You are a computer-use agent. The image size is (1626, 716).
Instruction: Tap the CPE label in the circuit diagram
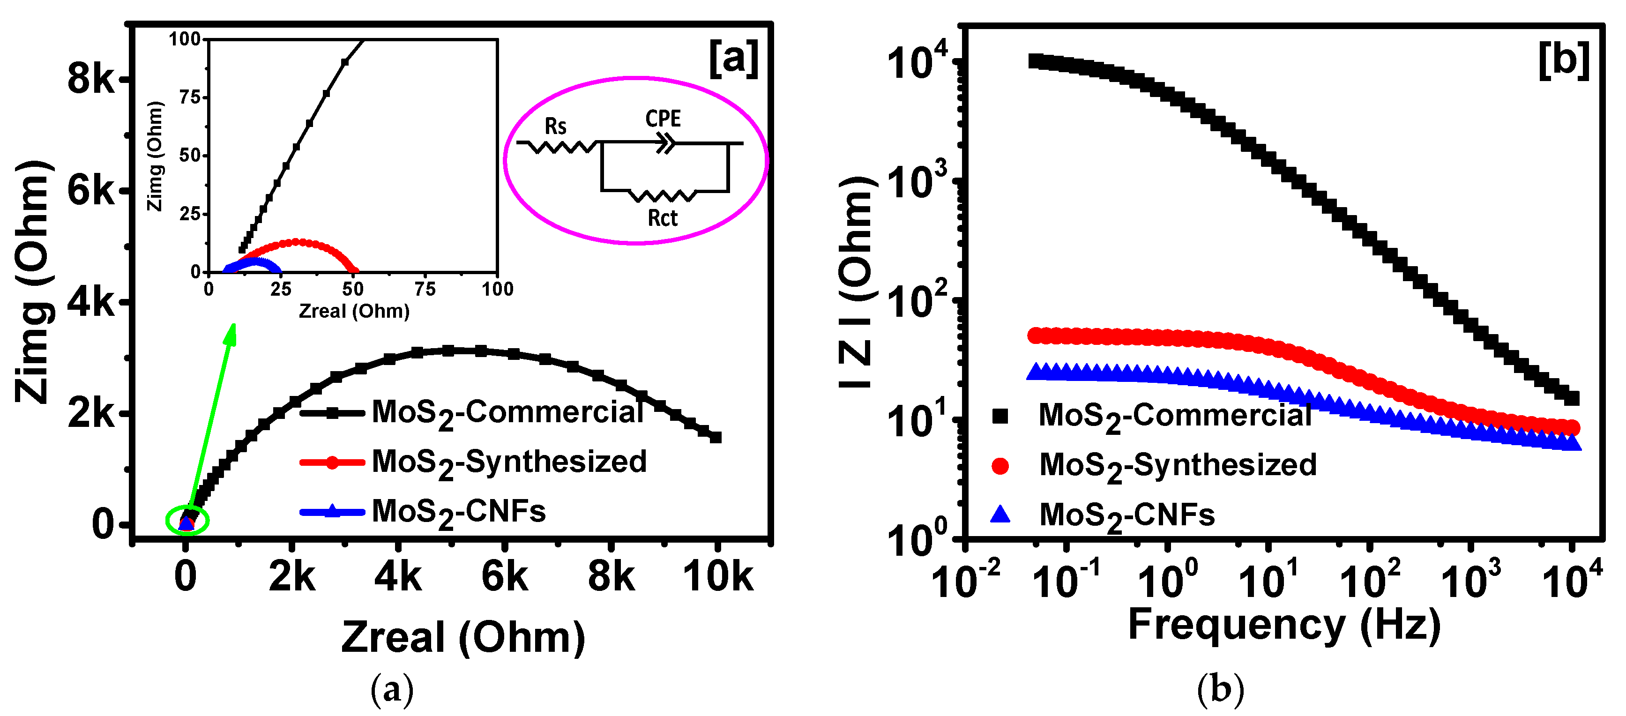click(x=663, y=118)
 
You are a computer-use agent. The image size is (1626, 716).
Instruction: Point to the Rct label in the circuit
click(x=662, y=218)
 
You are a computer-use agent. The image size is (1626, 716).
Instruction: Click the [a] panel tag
click(x=733, y=58)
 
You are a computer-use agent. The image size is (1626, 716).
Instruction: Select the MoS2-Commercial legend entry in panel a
click(x=507, y=413)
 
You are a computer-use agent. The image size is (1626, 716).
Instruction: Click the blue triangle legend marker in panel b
click(x=1000, y=514)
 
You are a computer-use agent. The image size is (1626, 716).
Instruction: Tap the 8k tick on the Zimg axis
click(x=91, y=80)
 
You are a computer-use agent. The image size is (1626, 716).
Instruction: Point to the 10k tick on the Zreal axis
click(x=718, y=576)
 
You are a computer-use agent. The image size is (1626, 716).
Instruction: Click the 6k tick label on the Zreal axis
click(x=504, y=576)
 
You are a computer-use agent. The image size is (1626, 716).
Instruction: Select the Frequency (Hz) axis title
click(x=1284, y=625)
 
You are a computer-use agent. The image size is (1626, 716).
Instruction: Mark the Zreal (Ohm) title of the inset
click(x=354, y=311)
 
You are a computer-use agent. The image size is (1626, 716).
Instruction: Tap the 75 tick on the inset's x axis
click(x=425, y=289)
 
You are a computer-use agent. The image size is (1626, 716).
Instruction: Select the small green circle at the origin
click(x=187, y=520)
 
